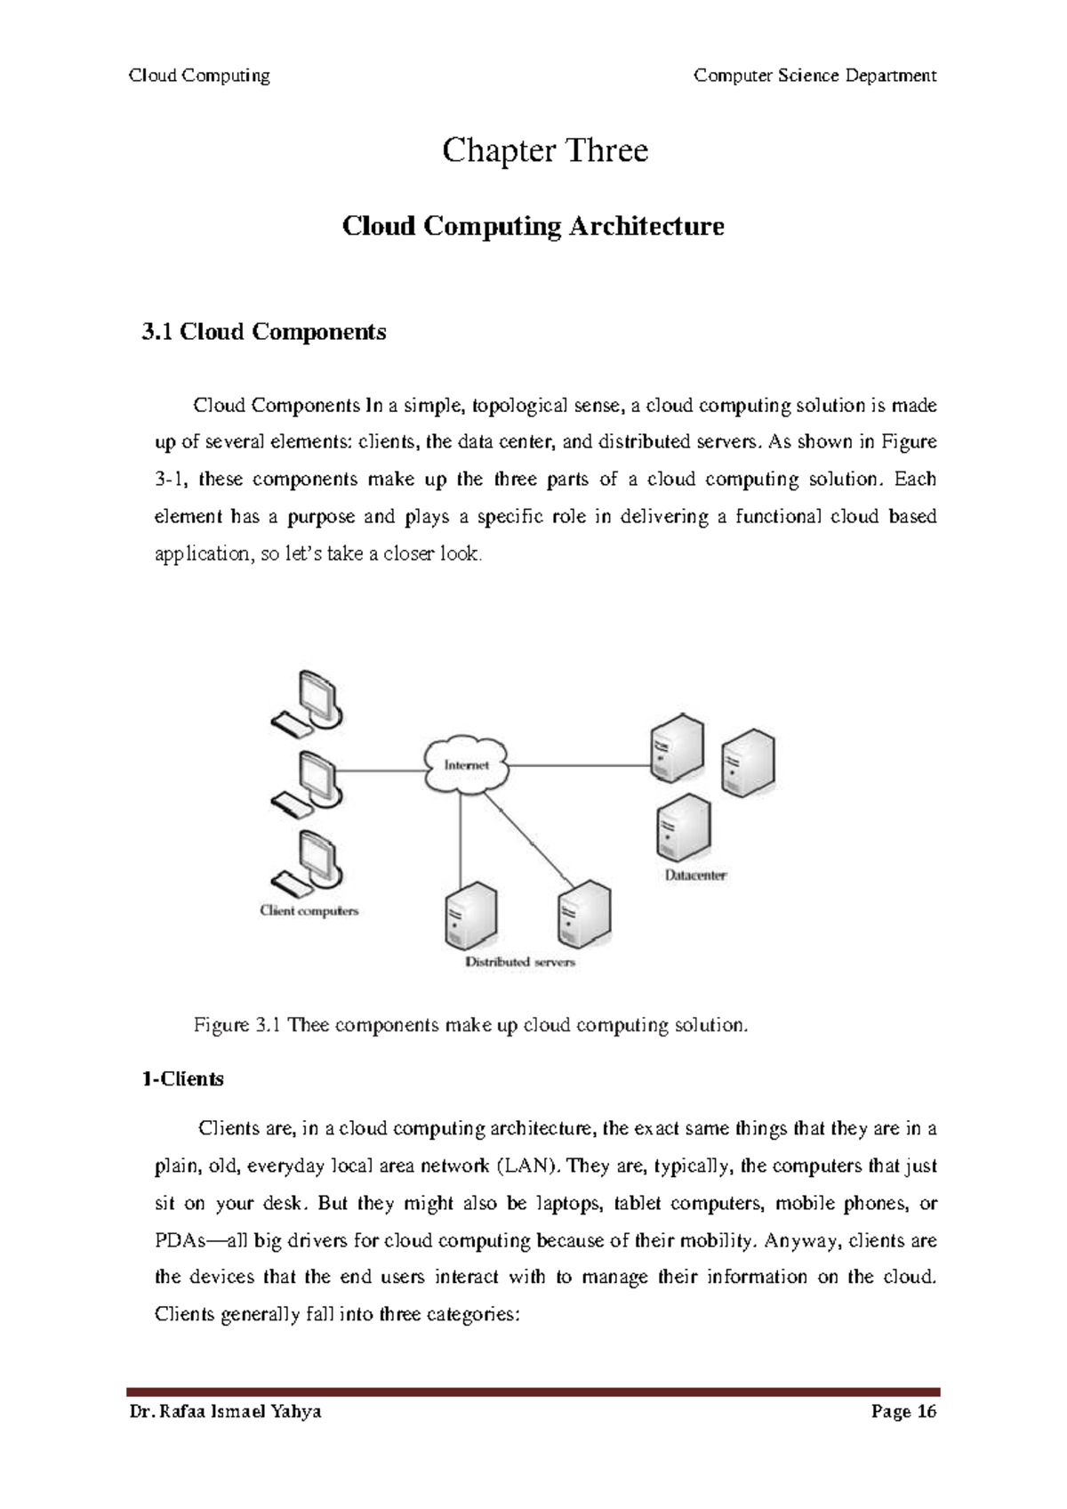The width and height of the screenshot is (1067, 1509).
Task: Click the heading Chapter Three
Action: pyautogui.click(x=544, y=150)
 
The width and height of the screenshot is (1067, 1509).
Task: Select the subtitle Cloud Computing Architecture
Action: pyautogui.click(x=533, y=226)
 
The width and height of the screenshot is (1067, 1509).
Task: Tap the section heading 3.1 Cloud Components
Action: pyautogui.click(x=263, y=332)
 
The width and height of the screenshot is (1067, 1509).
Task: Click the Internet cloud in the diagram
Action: pyautogui.click(x=466, y=765)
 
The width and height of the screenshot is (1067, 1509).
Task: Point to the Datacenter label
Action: pyautogui.click(x=695, y=876)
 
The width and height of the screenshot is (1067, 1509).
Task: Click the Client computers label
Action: pyautogui.click(x=309, y=910)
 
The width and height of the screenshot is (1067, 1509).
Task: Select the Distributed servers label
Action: pyautogui.click(x=520, y=962)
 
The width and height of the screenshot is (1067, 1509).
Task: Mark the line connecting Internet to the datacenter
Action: pyautogui.click(x=578, y=765)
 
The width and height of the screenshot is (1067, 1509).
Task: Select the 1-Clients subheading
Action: pyautogui.click(x=182, y=1079)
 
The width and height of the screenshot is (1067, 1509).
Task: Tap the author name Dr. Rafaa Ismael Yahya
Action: pyautogui.click(x=225, y=1412)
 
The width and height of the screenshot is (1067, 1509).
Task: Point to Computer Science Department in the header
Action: pyautogui.click(x=814, y=76)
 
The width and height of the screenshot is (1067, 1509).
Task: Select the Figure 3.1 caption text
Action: pyautogui.click(x=471, y=1025)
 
